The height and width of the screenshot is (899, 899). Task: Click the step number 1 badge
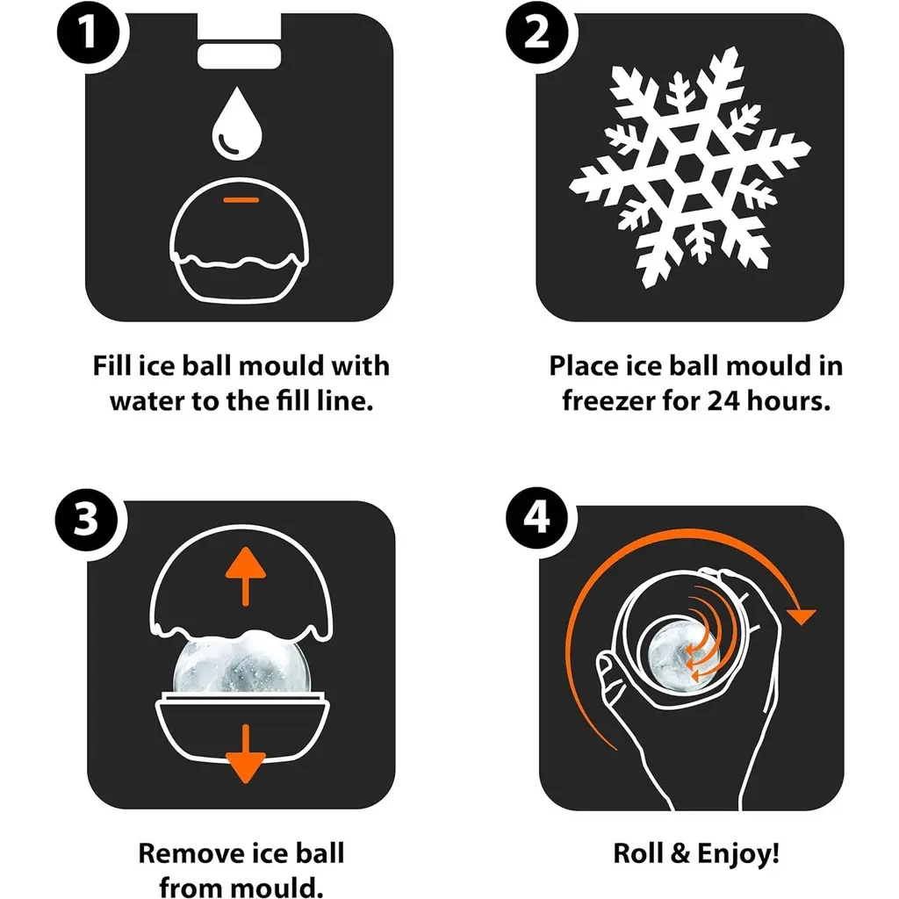tap(88, 32)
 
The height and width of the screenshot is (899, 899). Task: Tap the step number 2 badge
tap(536, 32)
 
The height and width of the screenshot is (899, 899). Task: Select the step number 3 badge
tap(86, 519)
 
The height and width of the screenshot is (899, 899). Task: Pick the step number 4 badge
tap(536, 517)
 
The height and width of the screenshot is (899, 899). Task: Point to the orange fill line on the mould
tap(241, 199)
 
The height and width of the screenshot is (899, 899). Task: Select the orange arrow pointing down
tap(246, 753)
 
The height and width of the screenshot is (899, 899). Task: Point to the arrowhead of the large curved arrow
tap(801, 615)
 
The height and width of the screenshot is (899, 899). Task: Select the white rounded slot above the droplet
tap(239, 56)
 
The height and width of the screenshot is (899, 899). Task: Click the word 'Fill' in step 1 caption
tap(112, 365)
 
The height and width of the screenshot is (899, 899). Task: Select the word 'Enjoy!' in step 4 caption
tap(738, 853)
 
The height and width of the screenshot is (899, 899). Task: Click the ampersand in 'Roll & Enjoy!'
tap(680, 853)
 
